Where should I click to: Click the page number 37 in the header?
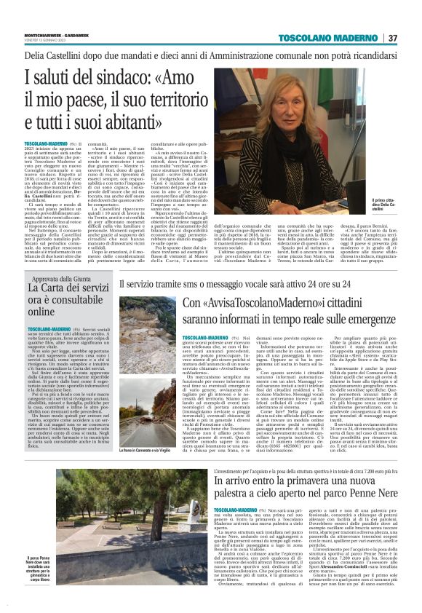[392, 38]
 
